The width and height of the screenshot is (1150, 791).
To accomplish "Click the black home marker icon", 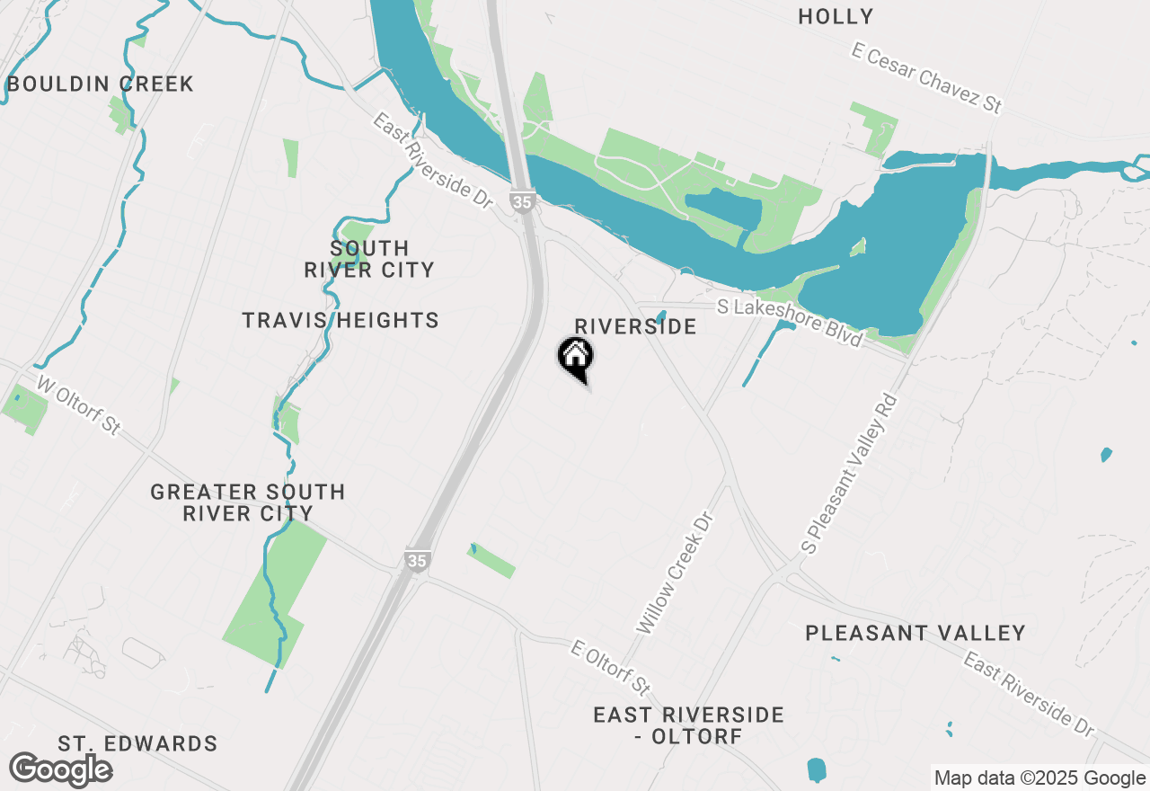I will (x=575, y=357).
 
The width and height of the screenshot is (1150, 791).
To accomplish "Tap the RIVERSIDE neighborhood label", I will (x=635, y=326).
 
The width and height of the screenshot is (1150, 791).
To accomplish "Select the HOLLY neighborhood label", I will (x=836, y=16).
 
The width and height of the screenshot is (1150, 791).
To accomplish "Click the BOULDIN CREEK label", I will (x=100, y=84).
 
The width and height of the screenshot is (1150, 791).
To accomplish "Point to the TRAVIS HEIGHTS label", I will (x=341, y=320).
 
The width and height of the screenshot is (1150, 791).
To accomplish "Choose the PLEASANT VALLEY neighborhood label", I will (x=915, y=633).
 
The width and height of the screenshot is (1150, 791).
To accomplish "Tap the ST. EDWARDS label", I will (x=137, y=744).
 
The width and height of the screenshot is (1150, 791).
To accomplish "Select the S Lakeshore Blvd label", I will (x=790, y=322).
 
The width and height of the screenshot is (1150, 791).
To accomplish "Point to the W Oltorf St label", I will (x=78, y=405).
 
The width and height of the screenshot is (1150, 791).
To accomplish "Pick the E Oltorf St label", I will (x=611, y=668).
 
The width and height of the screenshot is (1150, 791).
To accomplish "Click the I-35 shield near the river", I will (x=522, y=200).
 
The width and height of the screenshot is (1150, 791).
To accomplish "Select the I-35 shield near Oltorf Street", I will (x=416, y=559).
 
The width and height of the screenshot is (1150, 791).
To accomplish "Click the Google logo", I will (x=60, y=769).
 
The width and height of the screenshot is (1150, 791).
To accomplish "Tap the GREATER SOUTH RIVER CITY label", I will (x=247, y=502).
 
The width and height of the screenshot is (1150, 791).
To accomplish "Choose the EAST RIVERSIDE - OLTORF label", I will (x=688, y=725).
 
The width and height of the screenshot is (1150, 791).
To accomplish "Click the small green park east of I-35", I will (x=491, y=560).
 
